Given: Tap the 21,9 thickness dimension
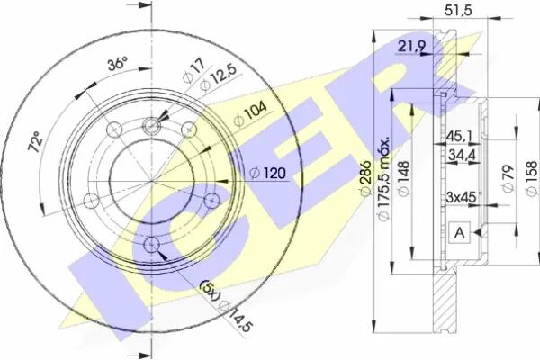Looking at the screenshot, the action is coord(412,46).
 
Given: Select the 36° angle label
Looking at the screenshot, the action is coord(117,64).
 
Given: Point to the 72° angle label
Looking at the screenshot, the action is coord(36,141).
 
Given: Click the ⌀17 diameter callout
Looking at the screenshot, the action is coord(193,71).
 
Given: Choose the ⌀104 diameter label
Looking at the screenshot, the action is coord(249,113).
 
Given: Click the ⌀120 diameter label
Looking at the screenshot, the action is coord(267,173).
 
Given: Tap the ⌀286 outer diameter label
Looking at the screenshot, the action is coord(365,178).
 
